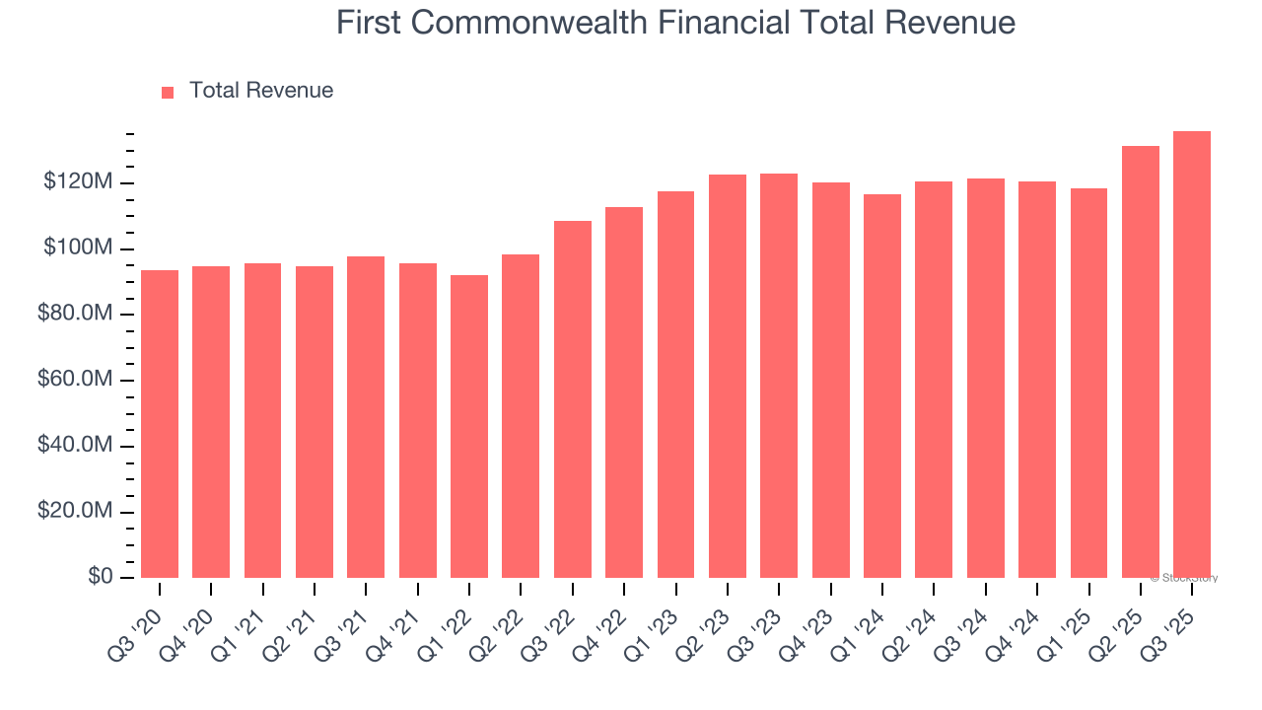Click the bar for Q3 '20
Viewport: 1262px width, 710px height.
coord(160,424)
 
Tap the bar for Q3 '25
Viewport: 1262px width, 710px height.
coord(1192,355)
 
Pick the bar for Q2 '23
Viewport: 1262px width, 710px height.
coord(728,376)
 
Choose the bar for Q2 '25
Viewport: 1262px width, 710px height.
coord(1141,362)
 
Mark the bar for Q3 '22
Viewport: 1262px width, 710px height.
coord(573,399)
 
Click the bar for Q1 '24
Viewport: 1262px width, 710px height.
coord(882,386)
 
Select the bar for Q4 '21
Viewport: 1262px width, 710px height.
coord(418,420)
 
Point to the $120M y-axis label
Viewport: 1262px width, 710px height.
coord(78,182)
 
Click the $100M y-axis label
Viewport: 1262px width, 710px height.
coord(78,248)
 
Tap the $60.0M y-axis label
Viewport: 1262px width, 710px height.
coord(72,381)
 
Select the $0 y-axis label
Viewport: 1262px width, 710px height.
coord(101,577)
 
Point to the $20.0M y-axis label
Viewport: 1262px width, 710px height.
coord(72,512)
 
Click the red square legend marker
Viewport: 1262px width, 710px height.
coord(168,92)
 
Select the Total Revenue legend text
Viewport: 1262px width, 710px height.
coord(261,91)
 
